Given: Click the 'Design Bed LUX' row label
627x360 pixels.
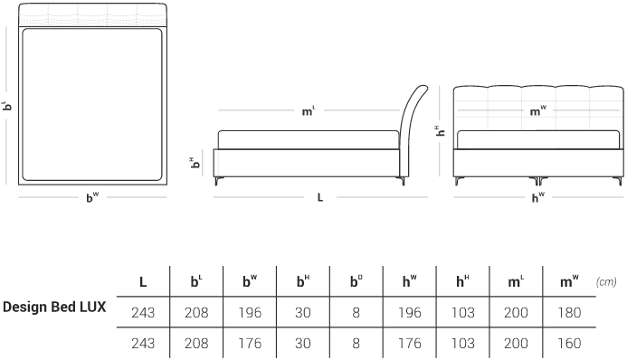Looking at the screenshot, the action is [54, 307].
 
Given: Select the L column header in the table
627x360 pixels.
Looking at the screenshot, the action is [143, 282].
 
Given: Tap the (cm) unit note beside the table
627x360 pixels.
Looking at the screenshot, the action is [606, 282].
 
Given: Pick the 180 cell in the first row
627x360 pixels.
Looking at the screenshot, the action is [569, 312].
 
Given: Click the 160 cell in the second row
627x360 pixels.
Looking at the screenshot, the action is [569, 343].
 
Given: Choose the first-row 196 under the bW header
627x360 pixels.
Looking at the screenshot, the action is [250, 312].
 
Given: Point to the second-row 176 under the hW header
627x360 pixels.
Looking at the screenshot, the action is [410, 343].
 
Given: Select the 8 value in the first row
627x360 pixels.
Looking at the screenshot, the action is [356, 312].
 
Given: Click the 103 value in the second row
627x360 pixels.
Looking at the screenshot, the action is [462, 343].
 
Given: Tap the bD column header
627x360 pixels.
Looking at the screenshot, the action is [356, 281].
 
